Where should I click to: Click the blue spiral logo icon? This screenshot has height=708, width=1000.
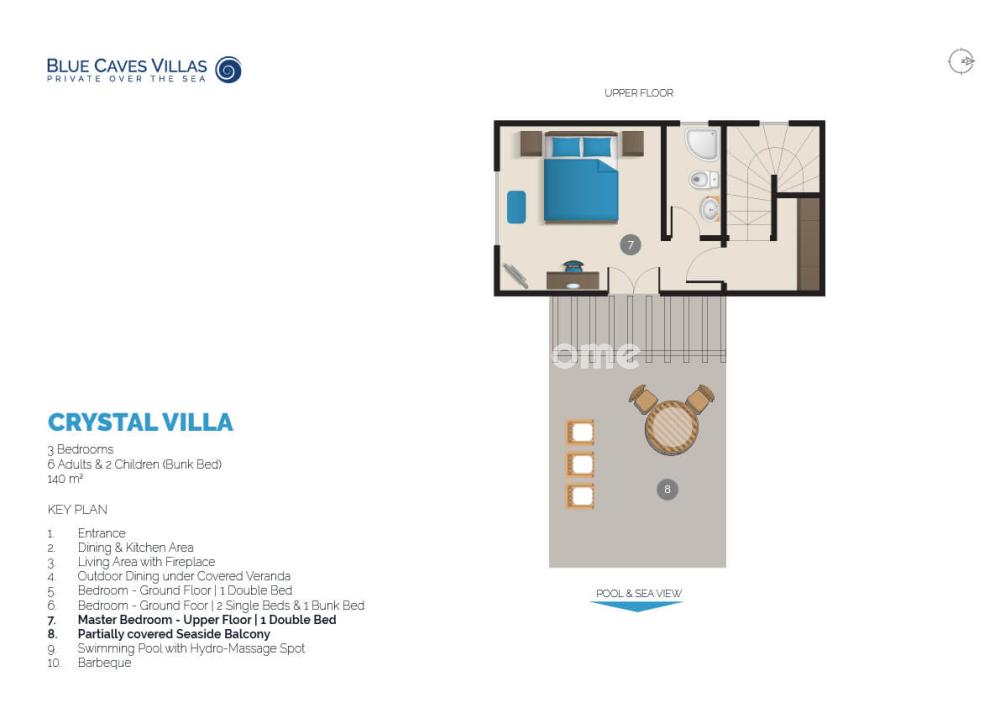228,70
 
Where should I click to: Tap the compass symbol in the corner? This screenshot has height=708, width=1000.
961,62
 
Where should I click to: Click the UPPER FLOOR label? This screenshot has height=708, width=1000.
638,93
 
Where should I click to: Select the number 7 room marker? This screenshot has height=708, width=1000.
630,245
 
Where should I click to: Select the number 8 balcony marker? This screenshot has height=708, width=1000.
667,489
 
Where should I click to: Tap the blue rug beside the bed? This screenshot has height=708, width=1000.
517,207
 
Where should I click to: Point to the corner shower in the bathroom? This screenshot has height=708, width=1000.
703,144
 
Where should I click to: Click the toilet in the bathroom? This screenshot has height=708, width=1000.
703,179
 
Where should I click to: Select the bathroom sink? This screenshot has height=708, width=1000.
710,209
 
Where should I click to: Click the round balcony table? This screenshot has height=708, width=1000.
672,427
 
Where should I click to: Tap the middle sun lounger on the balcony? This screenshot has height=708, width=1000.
580,464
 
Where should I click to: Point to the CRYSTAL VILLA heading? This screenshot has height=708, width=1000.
140,422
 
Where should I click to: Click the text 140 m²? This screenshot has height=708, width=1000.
65,479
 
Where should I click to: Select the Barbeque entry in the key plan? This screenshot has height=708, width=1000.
105,663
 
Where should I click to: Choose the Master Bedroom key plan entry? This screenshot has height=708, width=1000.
207,620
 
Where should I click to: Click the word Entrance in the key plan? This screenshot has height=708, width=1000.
101,533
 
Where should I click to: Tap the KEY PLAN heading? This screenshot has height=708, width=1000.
77,510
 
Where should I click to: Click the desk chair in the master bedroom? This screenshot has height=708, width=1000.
573,266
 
